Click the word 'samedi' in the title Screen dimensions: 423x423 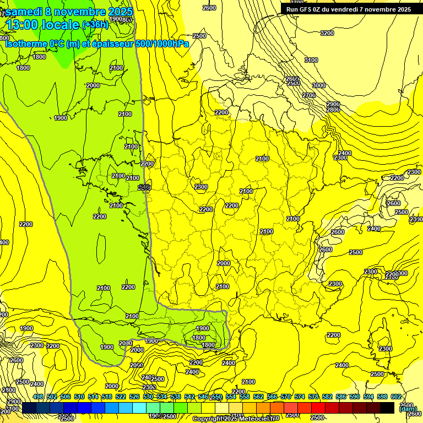[24, 12]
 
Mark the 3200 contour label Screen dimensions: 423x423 [327, 33]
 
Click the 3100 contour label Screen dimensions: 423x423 [311, 60]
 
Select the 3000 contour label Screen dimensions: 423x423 [319, 85]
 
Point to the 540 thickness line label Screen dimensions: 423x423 [144, 187]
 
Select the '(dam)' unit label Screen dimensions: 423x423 [408, 408]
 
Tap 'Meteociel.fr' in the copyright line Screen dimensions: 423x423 [258, 419]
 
